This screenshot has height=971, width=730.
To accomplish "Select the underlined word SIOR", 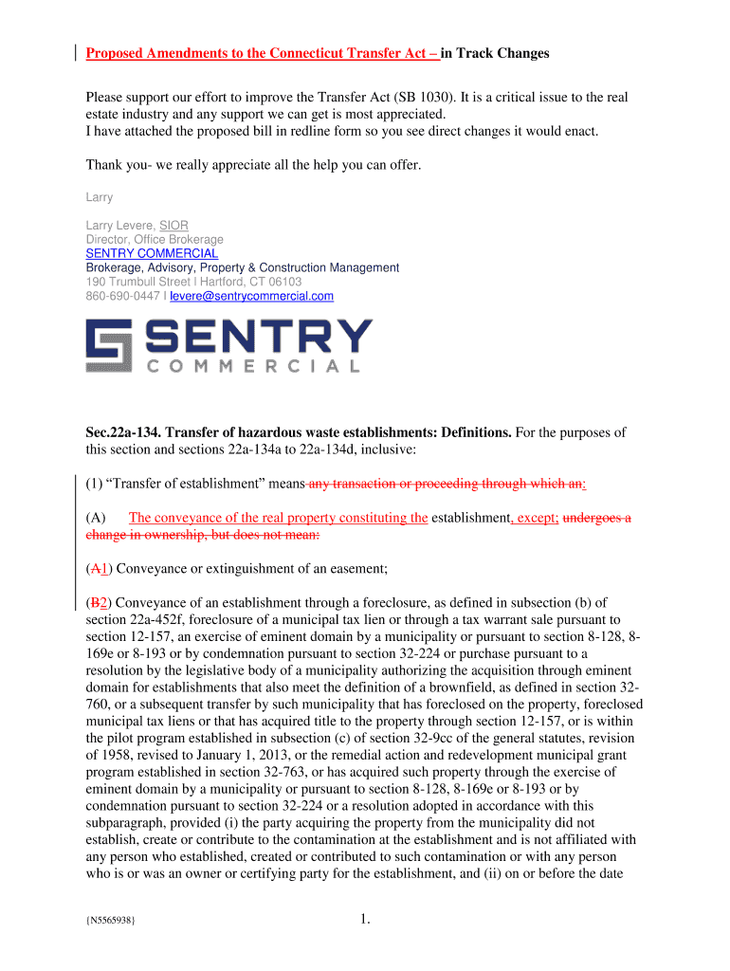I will coord(173,225).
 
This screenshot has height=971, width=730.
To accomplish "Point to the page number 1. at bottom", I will coord(366,917).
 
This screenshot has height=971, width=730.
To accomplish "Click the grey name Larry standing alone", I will coord(100,197).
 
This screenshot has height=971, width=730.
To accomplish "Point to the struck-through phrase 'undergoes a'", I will coord(597,518).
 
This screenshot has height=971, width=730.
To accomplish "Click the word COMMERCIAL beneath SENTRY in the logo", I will coord(253,365).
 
